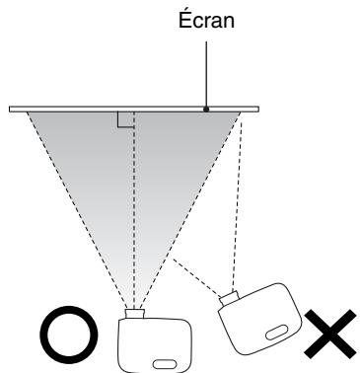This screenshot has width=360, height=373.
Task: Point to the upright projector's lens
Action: pyautogui.click(x=134, y=315)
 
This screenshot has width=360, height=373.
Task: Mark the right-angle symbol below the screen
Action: pyautogui.click(x=125, y=119)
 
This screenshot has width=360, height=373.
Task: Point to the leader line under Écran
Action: pyautogui.click(x=204, y=69)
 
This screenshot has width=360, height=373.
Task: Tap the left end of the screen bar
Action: pyautogui.click(x=13, y=109)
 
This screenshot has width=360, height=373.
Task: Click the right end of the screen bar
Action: pyautogui.click(x=256, y=109)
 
